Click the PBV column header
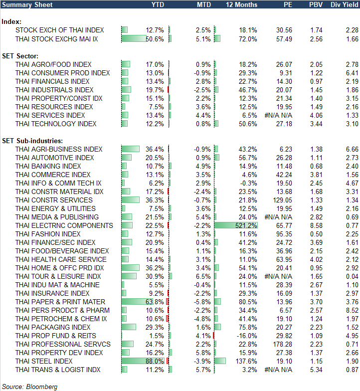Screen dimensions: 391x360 [316, 5]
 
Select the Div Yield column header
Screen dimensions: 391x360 [345, 5]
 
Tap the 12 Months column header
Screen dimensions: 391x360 [242, 5]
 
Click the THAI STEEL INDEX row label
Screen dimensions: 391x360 [44, 361]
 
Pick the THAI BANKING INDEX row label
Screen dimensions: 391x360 [48, 166]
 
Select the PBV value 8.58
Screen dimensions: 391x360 [316, 225]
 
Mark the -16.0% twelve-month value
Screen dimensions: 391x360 [247, 336]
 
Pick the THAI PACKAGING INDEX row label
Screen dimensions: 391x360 [53, 327]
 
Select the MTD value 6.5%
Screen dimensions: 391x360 [203, 276]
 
